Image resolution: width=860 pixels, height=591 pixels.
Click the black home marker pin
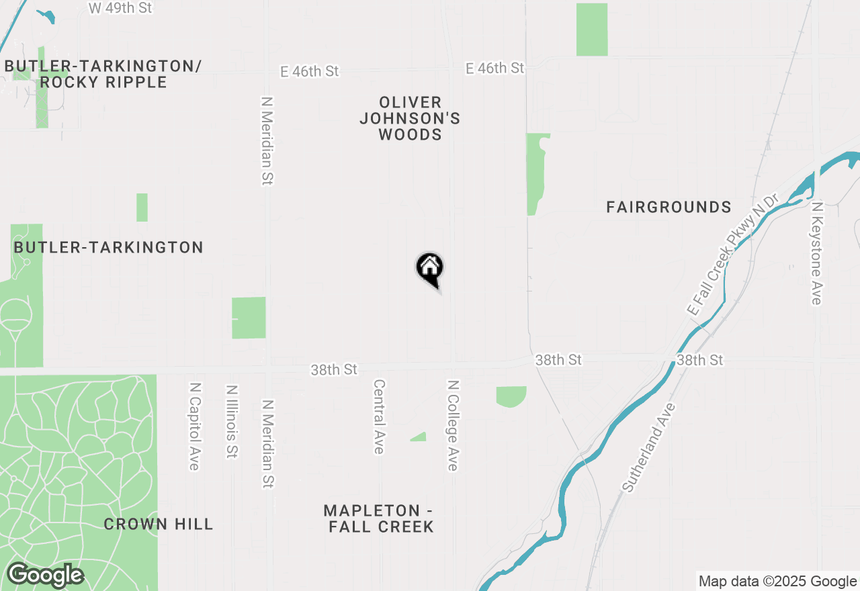click(430, 269)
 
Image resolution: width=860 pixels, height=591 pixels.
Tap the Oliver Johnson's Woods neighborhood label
click(410, 118)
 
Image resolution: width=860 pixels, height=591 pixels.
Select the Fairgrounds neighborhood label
click(669, 207)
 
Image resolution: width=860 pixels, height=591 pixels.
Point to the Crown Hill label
click(159, 524)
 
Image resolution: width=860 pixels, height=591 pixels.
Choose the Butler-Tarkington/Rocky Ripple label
click(103, 74)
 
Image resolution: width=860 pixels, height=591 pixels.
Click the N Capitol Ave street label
click(195, 426)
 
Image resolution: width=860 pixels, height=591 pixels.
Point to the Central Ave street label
click(379, 416)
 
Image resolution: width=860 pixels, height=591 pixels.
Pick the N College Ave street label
click(454, 425)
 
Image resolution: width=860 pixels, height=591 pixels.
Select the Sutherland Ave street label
click(648, 447)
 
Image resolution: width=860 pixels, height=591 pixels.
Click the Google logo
click(45, 576)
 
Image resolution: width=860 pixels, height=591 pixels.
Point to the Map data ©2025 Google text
click(777, 582)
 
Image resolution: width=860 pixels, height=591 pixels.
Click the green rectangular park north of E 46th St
click(592, 30)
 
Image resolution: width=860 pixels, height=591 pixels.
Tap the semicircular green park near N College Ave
click(511, 396)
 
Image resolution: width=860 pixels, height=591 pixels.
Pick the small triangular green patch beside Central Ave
click(419, 437)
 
